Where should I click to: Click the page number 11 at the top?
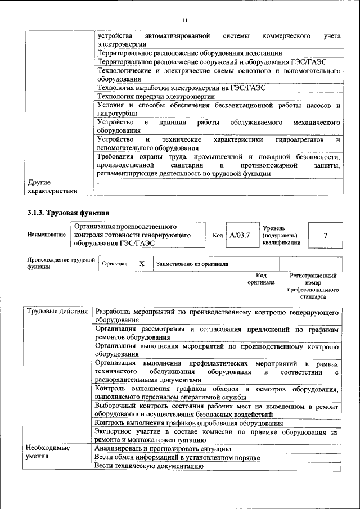click(x=184, y=21)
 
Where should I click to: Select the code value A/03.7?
click(x=240, y=235)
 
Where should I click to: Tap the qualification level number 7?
click(x=325, y=235)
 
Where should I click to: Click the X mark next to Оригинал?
click(x=142, y=263)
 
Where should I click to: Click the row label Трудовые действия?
click(x=56, y=312)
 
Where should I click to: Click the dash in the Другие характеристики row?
click(x=98, y=183)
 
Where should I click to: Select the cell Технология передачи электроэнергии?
click(x=156, y=96)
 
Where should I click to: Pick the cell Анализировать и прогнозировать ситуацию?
click(x=163, y=448)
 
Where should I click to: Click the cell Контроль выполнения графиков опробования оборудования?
click(x=188, y=422)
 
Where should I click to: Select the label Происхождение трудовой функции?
click(x=61, y=263)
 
